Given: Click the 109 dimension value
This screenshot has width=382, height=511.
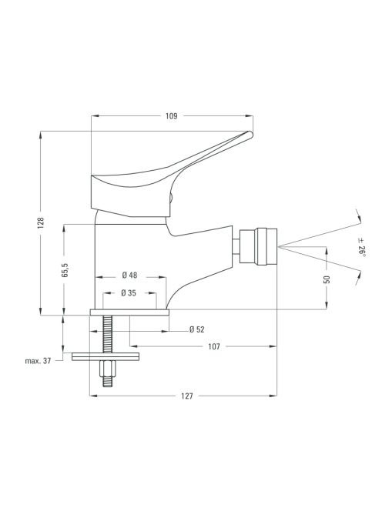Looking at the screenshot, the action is click(171, 116).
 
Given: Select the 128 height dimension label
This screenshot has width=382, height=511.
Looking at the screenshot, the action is click(41, 223).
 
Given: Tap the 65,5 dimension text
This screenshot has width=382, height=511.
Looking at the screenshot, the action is click(65, 270).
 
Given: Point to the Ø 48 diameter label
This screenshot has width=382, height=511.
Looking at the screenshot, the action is click(129, 275).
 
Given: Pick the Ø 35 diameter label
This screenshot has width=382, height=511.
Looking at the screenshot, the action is click(129, 293).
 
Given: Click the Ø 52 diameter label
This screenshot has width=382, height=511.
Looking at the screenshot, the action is click(196, 329).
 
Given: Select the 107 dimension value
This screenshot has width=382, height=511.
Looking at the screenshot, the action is click(214, 346).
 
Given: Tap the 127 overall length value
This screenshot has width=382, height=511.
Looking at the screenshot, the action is click(187, 396).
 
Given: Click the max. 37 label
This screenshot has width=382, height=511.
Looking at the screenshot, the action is click(39, 361).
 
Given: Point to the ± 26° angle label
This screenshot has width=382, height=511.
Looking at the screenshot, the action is click(361, 247).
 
